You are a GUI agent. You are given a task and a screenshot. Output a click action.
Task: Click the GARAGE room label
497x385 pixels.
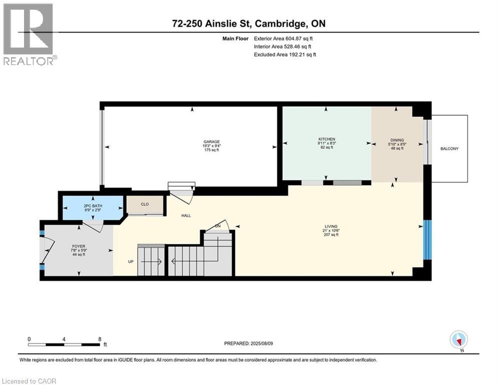pos(215,142)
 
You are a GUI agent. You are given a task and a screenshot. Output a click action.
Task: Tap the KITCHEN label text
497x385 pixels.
pos(326,139)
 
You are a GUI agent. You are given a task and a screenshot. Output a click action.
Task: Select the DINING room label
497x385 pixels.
pos(397,140)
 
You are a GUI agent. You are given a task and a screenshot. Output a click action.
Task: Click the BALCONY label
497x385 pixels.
pos(449,149)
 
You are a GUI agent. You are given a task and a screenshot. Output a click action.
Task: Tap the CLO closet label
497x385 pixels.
pos(144,205)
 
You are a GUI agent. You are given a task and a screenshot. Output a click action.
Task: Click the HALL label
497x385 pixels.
pos(186,216)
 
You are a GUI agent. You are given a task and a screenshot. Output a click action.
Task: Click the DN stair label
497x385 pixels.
pos(218,227)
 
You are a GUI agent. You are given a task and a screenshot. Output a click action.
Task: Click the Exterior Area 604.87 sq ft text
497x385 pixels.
pos(284,38)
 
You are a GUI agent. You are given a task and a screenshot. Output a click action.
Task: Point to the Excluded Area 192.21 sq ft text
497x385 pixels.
pos(285,54)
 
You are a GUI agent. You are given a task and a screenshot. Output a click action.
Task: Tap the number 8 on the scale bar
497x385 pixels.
pos(99,339)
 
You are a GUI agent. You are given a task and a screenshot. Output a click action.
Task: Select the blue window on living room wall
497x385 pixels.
pos(427,240)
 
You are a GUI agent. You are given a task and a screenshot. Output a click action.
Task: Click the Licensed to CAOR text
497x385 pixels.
pos(30,381)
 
